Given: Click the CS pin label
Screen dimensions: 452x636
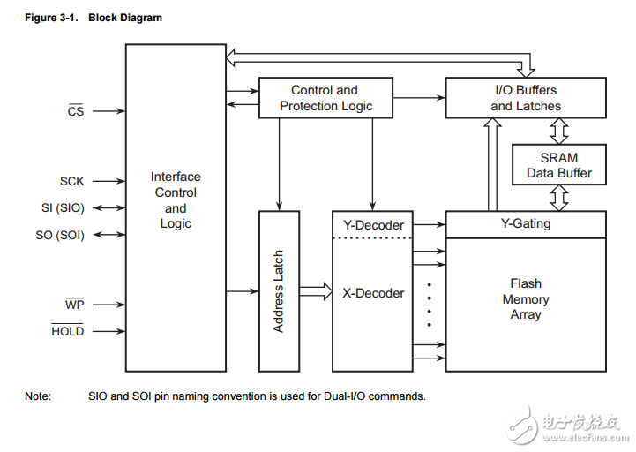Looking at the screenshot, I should tap(76, 112).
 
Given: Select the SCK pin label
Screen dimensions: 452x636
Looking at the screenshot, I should tap(72, 181).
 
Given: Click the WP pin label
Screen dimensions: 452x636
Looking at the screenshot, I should tap(74, 305).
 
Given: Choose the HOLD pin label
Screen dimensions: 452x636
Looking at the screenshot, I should tap(67, 331).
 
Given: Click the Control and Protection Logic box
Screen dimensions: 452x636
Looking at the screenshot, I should tap(325, 98).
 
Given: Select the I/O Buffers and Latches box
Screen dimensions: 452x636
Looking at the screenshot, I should tap(526, 98).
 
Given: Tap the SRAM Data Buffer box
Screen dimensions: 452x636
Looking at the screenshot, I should tap(559, 165).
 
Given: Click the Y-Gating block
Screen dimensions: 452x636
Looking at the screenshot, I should tap(526, 224).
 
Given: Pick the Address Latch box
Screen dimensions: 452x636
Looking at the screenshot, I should tap(278, 290).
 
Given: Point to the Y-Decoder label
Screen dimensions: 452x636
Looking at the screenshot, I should tap(372, 224).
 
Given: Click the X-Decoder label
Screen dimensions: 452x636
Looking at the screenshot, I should tap(373, 293).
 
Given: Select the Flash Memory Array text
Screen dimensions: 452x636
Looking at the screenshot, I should tap(526, 299).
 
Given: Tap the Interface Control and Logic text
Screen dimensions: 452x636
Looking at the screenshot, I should tap(176, 200).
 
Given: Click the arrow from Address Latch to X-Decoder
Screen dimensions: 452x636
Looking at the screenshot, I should tap(315, 290).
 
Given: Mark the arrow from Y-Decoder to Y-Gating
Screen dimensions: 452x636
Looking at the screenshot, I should tap(429, 225).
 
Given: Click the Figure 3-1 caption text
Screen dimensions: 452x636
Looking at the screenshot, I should tap(94, 18).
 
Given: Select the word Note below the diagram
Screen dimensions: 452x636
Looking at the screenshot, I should tap(38, 396).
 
